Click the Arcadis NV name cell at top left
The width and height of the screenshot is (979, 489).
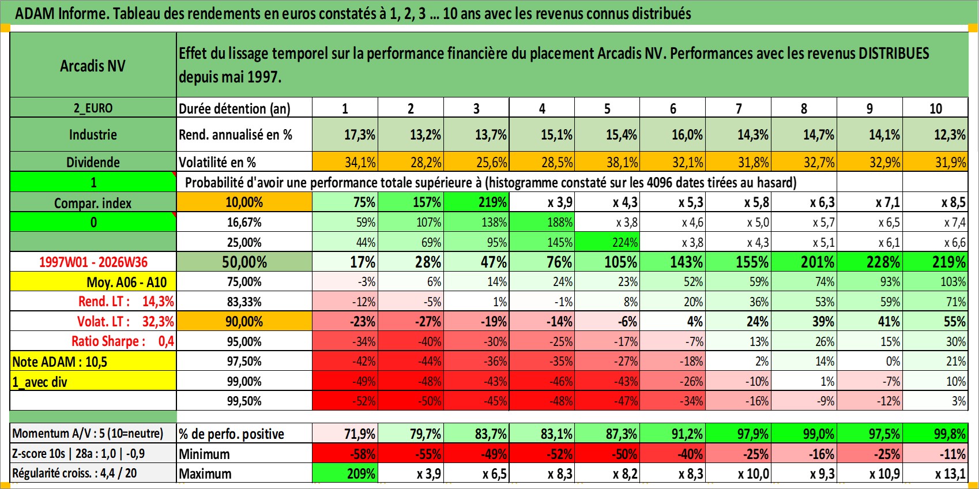93,65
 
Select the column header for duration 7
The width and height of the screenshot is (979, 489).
738,108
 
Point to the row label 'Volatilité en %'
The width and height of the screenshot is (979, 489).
217,163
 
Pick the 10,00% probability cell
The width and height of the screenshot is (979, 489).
244,202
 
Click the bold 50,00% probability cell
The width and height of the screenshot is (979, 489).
244,262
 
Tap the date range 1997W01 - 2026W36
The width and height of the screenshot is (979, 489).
93,262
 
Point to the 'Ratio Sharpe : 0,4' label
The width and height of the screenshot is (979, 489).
122,341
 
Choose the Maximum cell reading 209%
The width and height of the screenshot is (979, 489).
345,473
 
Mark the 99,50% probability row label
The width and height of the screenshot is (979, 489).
244,401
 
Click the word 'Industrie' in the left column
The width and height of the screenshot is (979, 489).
93,134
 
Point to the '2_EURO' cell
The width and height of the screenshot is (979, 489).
93,108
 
